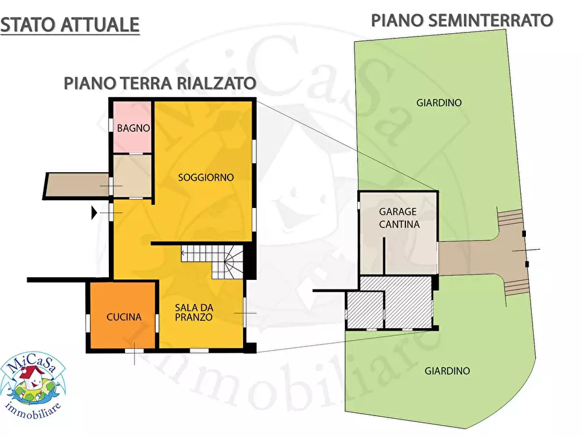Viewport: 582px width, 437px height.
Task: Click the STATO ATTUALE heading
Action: click(70, 25)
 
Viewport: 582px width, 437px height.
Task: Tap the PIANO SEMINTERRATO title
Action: click(462, 20)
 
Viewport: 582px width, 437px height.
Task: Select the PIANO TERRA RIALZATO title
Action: click(159, 83)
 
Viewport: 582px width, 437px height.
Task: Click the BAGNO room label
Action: click(134, 128)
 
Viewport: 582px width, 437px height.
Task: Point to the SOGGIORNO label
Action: click(205, 177)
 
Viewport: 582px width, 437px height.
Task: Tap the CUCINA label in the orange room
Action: click(124, 317)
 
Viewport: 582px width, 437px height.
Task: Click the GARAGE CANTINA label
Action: click(399, 218)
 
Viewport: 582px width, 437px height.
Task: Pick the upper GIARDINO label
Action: click(439, 102)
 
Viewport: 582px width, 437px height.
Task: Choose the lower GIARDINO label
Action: click(447, 370)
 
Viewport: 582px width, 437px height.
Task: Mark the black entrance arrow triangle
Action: click(95, 211)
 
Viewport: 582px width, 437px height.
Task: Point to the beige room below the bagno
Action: click(133, 175)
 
